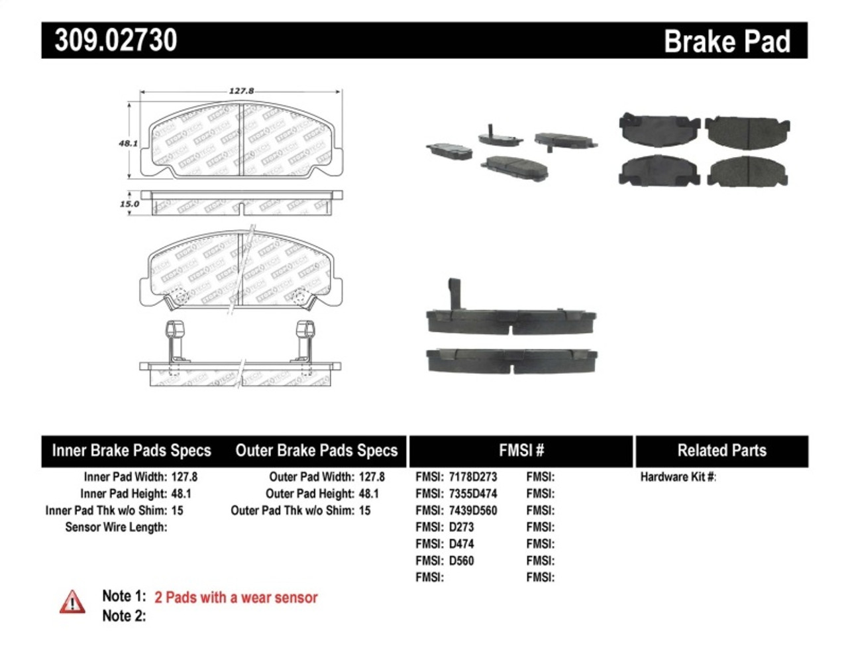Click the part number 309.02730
[x=116, y=40]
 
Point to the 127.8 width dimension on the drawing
[x=241, y=91]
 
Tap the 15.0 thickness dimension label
[x=129, y=204]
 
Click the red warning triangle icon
[x=72, y=602]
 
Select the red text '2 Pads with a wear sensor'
[x=236, y=598]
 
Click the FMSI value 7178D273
[x=472, y=477]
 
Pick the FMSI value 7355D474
[x=472, y=494]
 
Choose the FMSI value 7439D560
[x=472, y=511]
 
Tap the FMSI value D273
[x=461, y=527]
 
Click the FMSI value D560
[x=461, y=561]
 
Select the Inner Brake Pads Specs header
[x=131, y=451]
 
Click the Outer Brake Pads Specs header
[x=316, y=451]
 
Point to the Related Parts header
[x=721, y=451]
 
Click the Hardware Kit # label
[x=678, y=477]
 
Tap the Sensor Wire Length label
[x=116, y=527]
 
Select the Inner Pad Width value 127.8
[x=184, y=477]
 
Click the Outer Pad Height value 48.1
[x=368, y=494]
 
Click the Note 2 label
[x=124, y=616]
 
